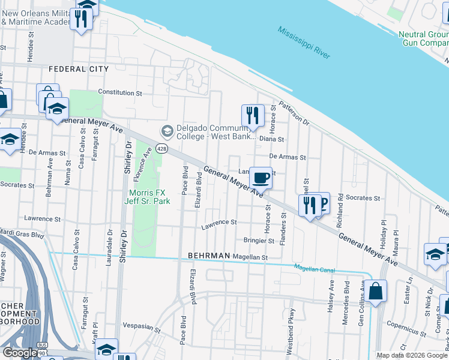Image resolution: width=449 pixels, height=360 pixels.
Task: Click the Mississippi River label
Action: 304,43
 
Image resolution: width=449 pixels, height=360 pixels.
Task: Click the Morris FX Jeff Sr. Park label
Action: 150,196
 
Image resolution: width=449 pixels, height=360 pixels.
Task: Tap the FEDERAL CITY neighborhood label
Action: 79,69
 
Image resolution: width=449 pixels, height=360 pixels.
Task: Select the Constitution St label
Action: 120,93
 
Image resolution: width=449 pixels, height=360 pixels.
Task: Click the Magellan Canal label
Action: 314,268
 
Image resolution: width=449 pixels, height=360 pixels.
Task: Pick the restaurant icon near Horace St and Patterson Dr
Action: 253,116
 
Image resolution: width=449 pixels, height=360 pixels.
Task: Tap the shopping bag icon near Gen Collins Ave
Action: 375,292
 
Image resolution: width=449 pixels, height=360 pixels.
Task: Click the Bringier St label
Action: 259,241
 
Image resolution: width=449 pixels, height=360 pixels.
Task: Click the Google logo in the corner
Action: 20,353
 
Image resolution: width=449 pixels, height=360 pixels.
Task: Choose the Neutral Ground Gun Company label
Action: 423,38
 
